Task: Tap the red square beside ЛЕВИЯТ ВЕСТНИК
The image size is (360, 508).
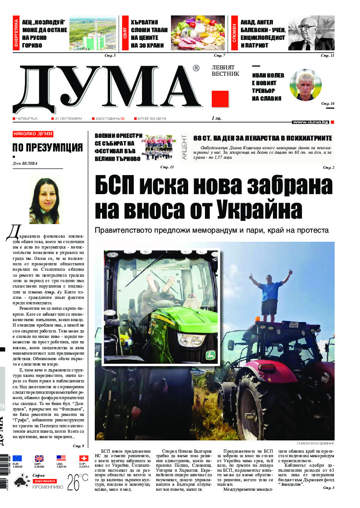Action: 220,99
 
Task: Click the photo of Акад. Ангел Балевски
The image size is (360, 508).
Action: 311,33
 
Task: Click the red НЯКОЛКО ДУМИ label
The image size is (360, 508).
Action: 33,134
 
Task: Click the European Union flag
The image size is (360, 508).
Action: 18,459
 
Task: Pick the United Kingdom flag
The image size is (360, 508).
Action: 39,459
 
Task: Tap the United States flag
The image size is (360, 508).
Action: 61,459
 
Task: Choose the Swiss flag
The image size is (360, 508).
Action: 83,459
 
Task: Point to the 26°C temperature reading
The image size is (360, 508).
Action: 78,483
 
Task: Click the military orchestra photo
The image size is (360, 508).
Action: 158,148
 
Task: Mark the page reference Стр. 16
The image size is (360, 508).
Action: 327,104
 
